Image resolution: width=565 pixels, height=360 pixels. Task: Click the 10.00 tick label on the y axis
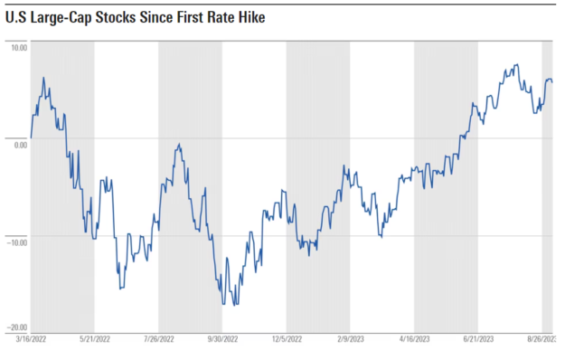point(19,48)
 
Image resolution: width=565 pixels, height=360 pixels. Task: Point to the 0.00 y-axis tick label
point(21,145)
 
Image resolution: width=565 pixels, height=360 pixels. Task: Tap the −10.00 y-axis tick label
point(17,242)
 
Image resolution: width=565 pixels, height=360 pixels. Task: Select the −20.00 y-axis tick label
point(17,327)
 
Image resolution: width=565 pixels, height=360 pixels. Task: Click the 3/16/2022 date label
point(31,339)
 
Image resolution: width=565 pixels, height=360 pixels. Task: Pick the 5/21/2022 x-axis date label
point(95,339)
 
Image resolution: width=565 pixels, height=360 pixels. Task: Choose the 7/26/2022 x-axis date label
point(159,339)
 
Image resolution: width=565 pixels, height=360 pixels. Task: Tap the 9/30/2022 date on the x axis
point(222,339)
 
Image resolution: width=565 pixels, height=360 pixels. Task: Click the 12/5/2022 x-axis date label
point(287,339)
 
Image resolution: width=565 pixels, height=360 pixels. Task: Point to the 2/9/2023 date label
point(351,339)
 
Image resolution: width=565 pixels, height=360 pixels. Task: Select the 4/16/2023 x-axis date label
point(414,339)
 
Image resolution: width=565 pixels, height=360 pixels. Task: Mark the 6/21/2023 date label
point(478,339)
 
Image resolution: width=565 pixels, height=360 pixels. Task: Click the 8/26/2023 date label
point(542,339)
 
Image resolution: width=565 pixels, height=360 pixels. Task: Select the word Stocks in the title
point(116,17)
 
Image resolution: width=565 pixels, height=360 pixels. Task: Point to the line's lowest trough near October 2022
point(234,305)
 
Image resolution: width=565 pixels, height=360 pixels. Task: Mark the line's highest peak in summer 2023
point(517,64)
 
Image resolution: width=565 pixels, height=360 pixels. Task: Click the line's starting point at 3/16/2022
point(31,138)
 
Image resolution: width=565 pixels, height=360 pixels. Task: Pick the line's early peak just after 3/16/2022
point(43,78)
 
